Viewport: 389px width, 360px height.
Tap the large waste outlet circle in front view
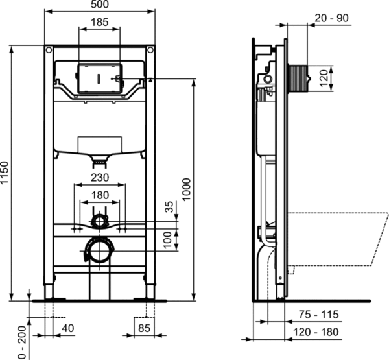click(x=99, y=249)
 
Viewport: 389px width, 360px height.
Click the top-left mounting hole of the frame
click(x=49, y=50)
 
